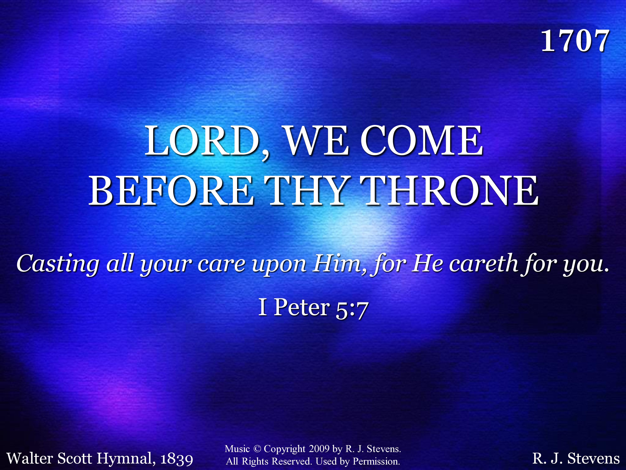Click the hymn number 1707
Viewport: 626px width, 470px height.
575,41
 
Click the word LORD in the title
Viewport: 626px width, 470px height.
202,141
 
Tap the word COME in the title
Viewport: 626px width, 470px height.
421,141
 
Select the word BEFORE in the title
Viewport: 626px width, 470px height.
171,190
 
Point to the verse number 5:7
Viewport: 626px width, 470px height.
352,310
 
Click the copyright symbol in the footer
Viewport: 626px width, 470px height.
257,449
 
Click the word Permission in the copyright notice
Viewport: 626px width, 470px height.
376,461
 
